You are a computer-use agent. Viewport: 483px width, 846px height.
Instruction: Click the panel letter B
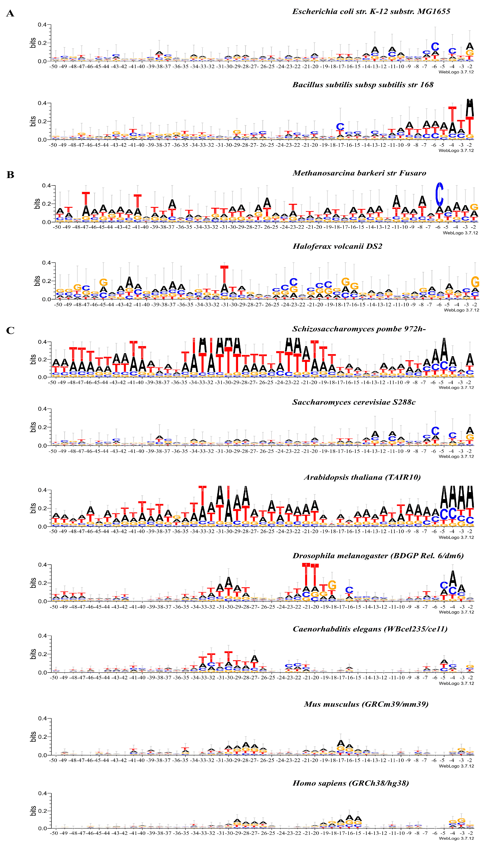10,175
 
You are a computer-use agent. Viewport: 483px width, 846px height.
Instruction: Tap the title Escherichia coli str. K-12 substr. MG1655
371,12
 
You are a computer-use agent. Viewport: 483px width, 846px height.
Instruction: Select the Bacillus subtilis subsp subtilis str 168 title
363,85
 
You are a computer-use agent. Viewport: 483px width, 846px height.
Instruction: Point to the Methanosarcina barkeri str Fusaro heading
359,173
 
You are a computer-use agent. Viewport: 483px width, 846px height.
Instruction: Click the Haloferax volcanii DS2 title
337,246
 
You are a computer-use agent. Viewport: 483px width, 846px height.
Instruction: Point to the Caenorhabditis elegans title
370,629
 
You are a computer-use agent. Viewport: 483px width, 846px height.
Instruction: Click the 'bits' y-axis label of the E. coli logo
33,43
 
